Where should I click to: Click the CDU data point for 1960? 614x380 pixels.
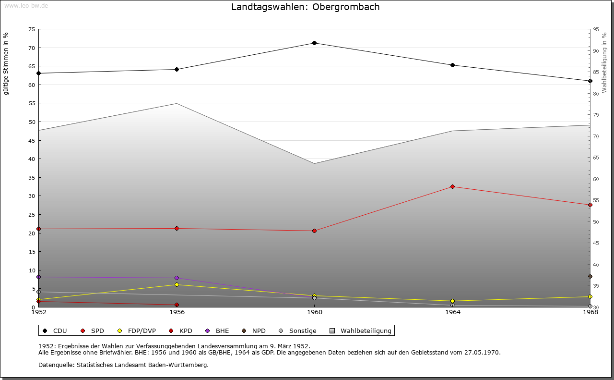click(x=315, y=43)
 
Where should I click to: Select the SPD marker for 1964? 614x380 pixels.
click(x=452, y=186)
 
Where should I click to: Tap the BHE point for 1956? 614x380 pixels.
click(x=177, y=278)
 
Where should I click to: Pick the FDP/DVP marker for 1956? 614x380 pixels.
click(x=177, y=285)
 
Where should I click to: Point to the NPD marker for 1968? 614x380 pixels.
click(x=590, y=277)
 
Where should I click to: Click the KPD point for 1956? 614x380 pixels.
click(x=177, y=305)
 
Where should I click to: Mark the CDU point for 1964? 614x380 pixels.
click(x=452, y=65)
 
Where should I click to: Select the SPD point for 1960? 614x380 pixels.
click(x=315, y=231)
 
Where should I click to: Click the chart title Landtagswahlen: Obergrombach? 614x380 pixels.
click(x=305, y=7)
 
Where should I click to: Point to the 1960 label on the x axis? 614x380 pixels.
click(x=315, y=312)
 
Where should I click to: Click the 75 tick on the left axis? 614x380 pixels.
click(x=31, y=29)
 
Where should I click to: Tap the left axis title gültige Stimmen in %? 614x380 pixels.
click(x=6, y=63)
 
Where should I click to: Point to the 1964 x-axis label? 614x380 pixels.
click(x=452, y=312)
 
